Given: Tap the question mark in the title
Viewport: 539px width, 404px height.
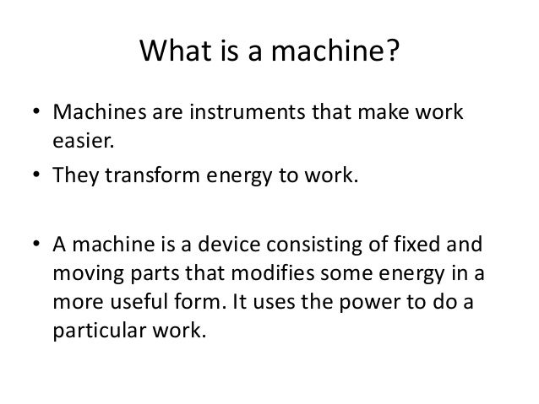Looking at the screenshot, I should (x=390, y=54).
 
